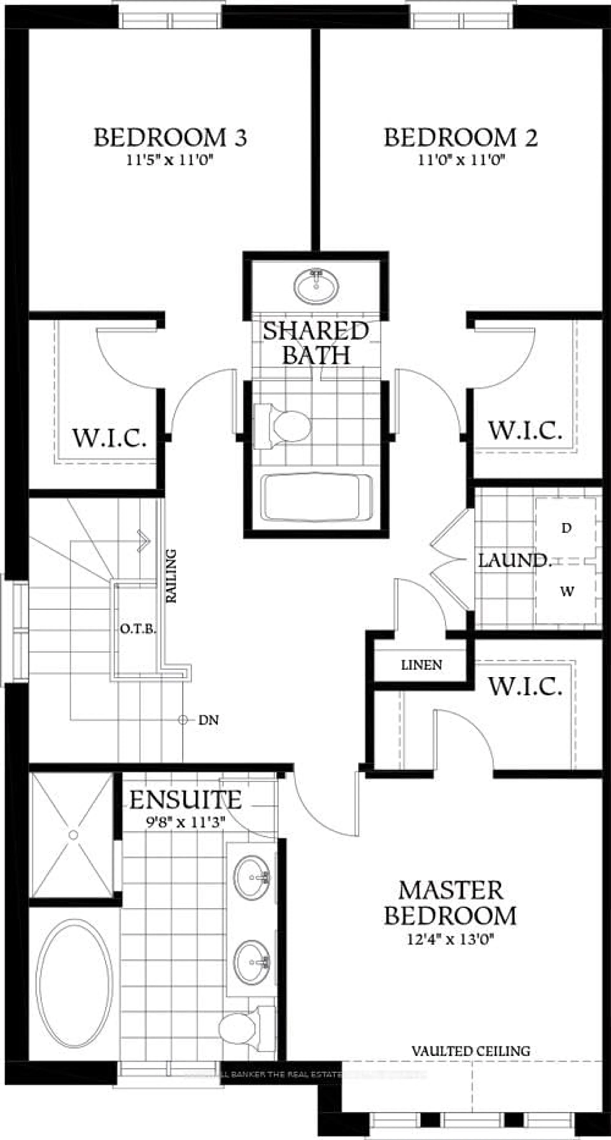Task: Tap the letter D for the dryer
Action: click(566, 528)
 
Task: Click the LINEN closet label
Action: click(421, 665)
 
